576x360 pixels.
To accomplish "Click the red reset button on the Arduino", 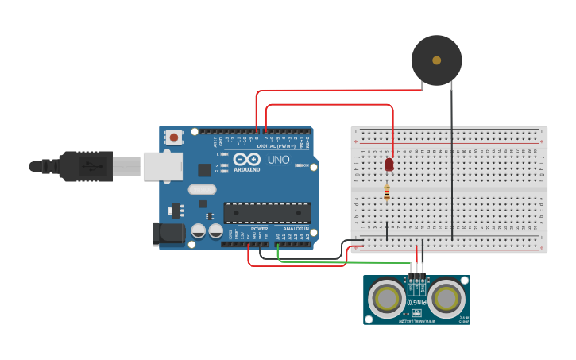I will [x=174, y=137].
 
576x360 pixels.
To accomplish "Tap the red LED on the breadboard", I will [x=389, y=165].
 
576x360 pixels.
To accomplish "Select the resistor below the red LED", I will [x=387, y=192].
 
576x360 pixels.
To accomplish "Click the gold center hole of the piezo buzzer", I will [x=436, y=60].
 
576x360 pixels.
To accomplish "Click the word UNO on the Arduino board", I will [x=278, y=160].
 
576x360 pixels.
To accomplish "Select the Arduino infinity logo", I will [x=246, y=159].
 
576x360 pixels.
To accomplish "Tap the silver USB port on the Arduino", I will [x=162, y=165].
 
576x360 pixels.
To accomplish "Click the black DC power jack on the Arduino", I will [x=168, y=233].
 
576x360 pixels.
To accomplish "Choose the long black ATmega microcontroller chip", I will [x=267, y=212].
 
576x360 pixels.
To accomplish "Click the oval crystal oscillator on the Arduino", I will [x=202, y=189].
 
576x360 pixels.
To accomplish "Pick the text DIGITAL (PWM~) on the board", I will [x=275, y=146].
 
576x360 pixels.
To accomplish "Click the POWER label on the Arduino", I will [x=259, y=228].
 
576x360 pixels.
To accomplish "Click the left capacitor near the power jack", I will [x=198, y=231].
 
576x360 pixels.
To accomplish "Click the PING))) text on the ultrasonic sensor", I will [x=417, y=303].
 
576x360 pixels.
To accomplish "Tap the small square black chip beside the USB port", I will [x=204, y=169].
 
